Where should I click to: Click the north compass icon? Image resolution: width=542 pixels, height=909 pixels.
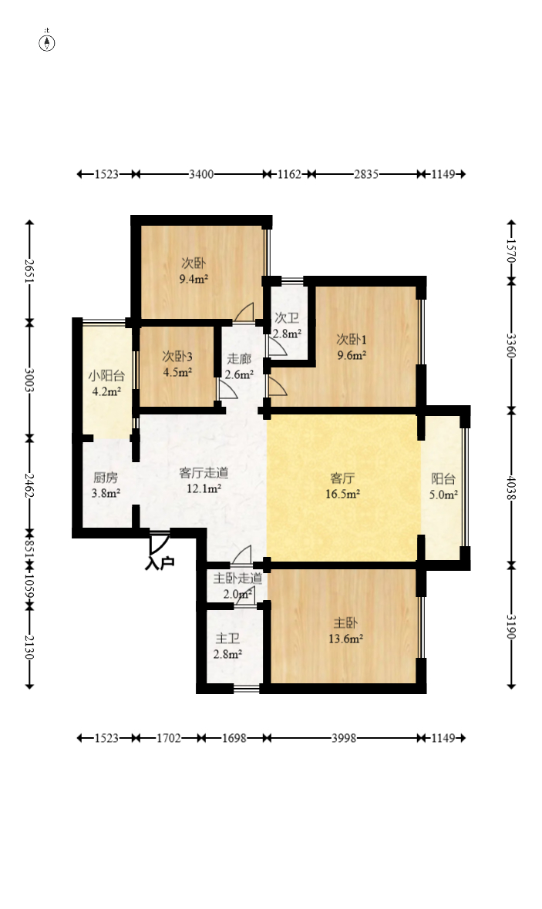[x=47, y=42]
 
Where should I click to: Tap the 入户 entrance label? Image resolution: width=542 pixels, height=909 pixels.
[x=160, y=563]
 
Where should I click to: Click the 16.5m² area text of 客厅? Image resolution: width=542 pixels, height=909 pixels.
[x=343, y=494]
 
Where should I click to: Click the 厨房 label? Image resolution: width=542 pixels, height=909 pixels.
[x=106, y=478]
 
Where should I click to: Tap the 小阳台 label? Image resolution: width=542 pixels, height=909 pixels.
[x=106, y=377]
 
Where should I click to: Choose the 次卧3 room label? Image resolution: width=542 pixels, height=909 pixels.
[x=177, y=357]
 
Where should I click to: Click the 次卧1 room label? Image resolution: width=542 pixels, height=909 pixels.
[x=351, y=339]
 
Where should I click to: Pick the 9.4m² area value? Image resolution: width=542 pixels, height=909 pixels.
[x=194, y=279]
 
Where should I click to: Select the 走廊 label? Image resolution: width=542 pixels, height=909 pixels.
[x=238, y=359]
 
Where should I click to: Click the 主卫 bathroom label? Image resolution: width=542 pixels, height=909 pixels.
[x=227, y=639]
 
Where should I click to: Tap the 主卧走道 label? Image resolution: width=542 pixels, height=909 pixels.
[x=237, y=579]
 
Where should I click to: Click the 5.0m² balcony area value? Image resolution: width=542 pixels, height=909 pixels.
[x=443, y=494]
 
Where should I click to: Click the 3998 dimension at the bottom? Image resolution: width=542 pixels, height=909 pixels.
[x=343, y=738]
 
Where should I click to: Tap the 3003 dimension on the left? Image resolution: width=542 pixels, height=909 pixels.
[x=29, y=379]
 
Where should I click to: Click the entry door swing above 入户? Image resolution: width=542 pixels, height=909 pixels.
[x=159, y=542]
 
